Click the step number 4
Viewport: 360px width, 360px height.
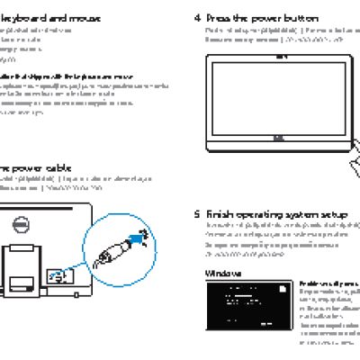click(x=198, y=17)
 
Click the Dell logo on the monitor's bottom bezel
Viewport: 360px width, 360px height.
click(x=279, y=139)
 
